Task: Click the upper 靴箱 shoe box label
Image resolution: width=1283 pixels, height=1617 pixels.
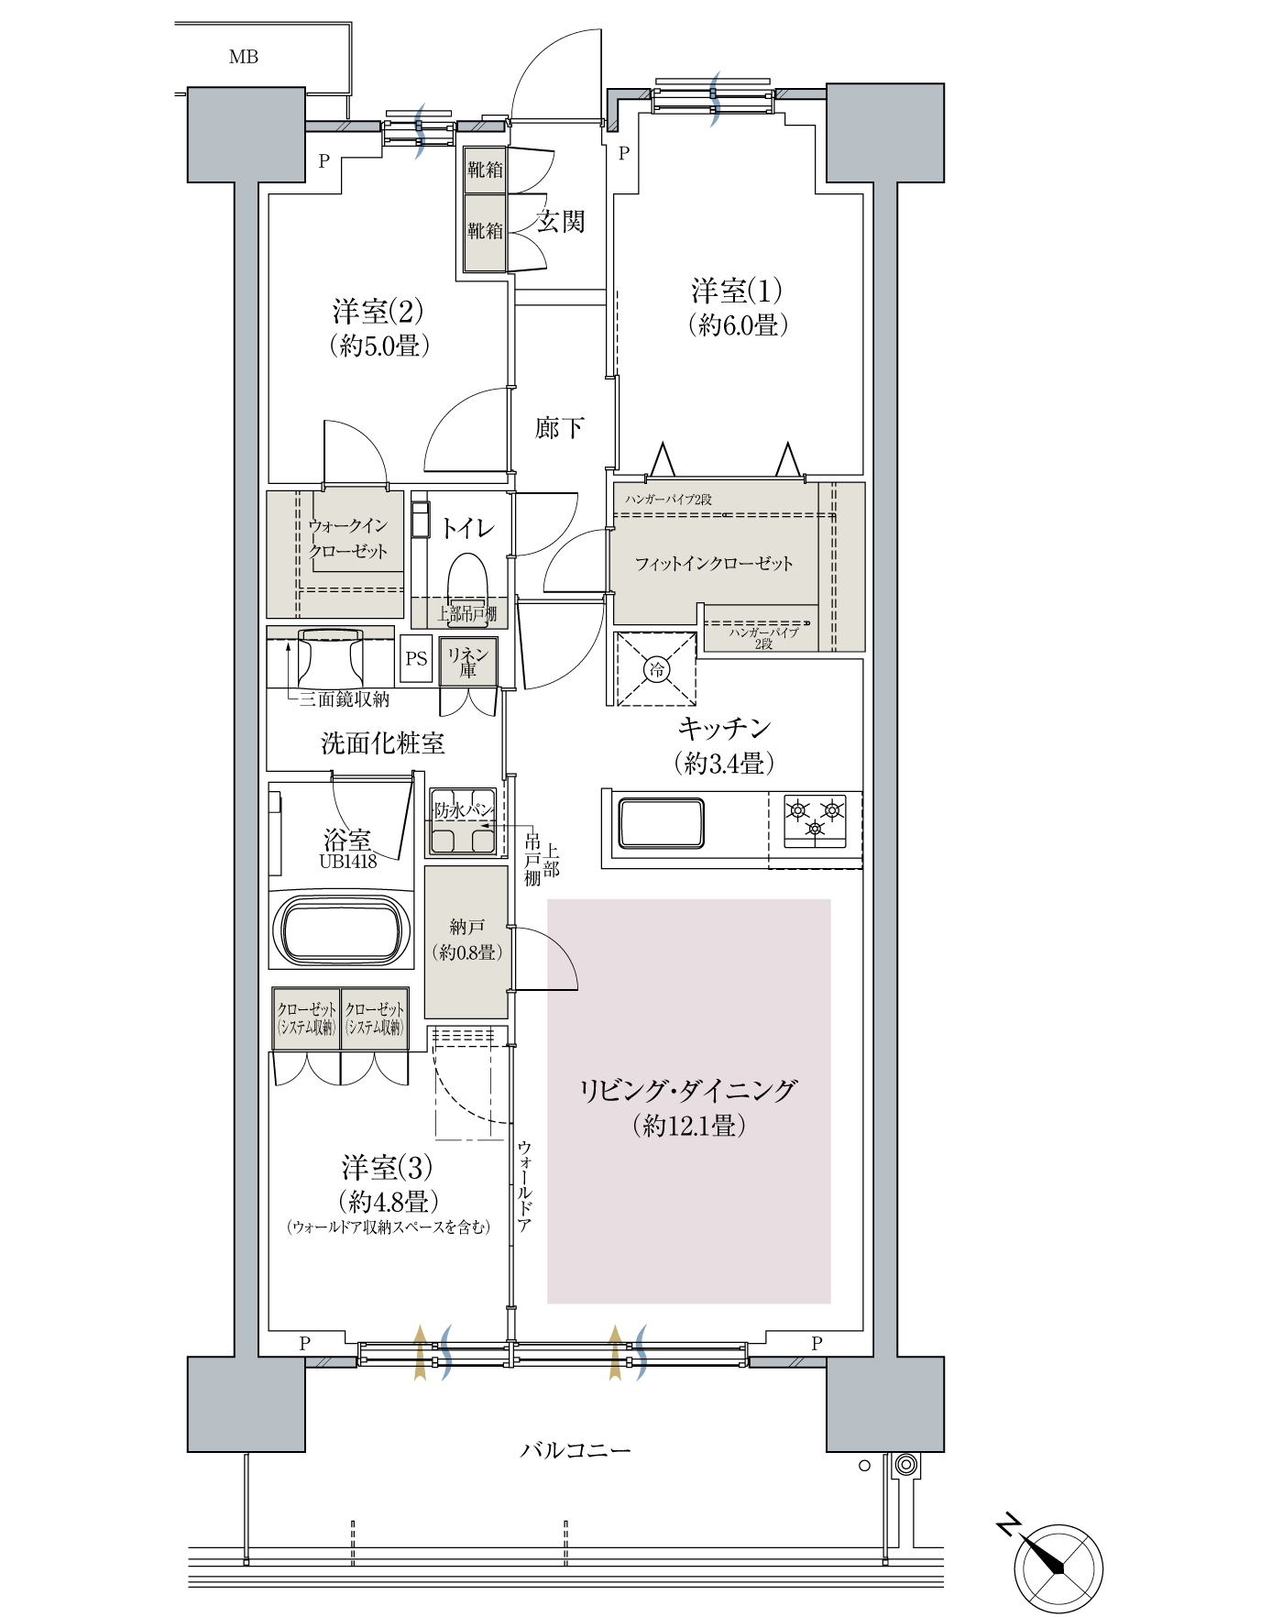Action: pos(485,170)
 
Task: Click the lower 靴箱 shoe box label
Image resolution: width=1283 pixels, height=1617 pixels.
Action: pos(485,231)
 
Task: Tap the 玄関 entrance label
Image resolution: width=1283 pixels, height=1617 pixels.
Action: pos(560,222)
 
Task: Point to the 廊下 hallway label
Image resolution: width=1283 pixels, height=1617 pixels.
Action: pos(560,428)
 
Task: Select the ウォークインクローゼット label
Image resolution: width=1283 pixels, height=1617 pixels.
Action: pos(348,539)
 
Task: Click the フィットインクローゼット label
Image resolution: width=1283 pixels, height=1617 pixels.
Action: pos(714,564)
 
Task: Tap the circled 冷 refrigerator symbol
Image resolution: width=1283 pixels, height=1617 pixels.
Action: pos(656,670)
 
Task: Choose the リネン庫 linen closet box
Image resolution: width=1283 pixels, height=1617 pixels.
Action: pos(468,661)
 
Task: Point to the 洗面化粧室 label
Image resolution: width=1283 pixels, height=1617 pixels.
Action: pos(382,743)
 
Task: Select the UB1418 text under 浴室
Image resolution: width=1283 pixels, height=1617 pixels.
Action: pos(348,862)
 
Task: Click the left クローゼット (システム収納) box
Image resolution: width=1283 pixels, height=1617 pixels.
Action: pos(307,1018)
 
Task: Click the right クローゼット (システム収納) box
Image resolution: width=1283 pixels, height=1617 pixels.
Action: pos(374,1018)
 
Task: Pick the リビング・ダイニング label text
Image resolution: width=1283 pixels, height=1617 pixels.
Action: pos(687,1091)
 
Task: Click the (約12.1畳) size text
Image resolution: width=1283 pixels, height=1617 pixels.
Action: pos(687,1127)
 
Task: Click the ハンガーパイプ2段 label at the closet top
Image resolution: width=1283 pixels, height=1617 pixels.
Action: pos(669,500)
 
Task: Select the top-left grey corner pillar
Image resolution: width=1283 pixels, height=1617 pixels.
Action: pos(246,135)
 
